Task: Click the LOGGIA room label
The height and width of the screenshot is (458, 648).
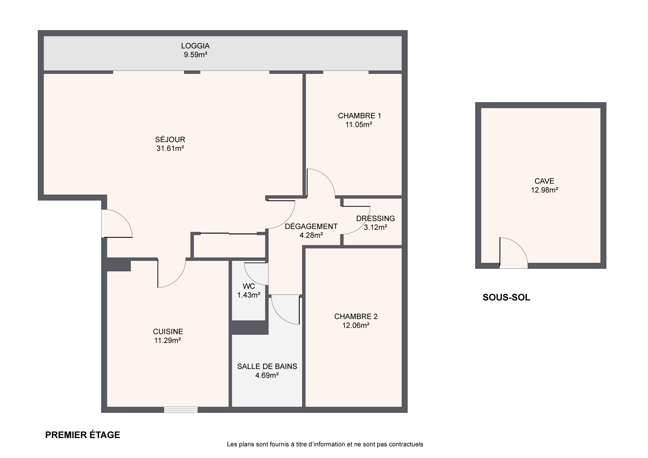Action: click(x=195, y=46)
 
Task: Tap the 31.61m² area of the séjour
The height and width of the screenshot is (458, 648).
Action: click(x=170, y=148)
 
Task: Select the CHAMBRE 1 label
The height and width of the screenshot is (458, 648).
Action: click(x=359, y=116)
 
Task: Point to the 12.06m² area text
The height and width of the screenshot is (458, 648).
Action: click(x=356, y=325)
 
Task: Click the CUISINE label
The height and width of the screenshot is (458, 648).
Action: click(x=168, y=331)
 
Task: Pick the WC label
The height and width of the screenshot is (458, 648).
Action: click(x=249, y=286)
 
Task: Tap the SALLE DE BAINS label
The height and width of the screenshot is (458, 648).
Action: click(x=267, y=366)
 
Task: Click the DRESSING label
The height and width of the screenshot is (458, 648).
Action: click(x=376, y=218)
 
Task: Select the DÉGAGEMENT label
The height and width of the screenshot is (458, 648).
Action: click(x=311, y=226)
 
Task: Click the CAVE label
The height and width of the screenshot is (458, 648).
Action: click(x=544, y=181)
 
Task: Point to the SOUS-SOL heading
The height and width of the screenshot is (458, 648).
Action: click(x=506, y=298)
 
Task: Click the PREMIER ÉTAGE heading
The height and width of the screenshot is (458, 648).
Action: click(x=83, y=435)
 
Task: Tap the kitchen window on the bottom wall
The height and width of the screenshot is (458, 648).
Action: click(x=181, y=410)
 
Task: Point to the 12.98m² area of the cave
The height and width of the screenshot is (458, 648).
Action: click(x=544, y=190)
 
